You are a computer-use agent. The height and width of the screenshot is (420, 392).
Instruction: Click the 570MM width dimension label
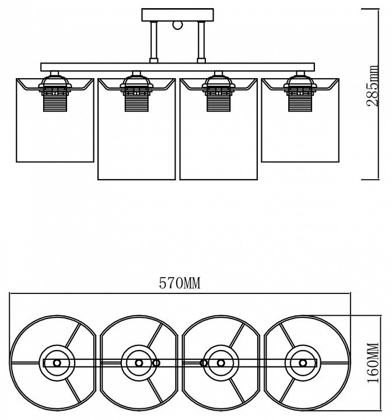click(180, 284)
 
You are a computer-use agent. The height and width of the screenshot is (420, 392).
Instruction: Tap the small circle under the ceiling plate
click(178, 25)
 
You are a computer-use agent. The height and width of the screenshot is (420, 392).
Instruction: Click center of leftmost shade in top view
click(57, 362)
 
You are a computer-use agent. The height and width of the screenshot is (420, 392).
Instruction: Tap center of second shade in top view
click(139, 362)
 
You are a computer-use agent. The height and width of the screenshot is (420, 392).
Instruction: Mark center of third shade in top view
click(220, 362)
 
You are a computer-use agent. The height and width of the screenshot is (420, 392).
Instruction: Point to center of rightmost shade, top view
click(303, 362)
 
